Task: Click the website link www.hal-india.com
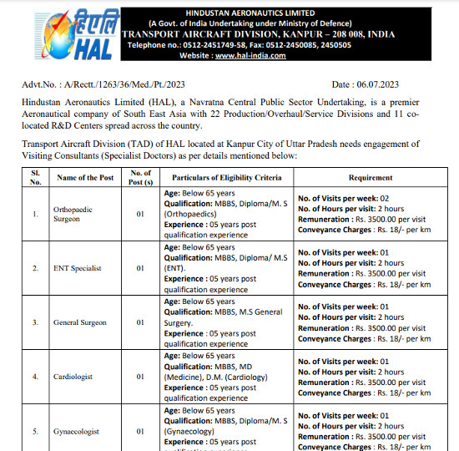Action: [250, 56]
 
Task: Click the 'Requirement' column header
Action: [370, 177]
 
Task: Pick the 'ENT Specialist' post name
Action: [79, 268]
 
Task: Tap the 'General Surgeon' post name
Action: [83, 322]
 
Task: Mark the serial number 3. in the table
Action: [35, 322]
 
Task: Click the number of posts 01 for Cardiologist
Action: [140, 376]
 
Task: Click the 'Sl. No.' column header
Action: [35, 177]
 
